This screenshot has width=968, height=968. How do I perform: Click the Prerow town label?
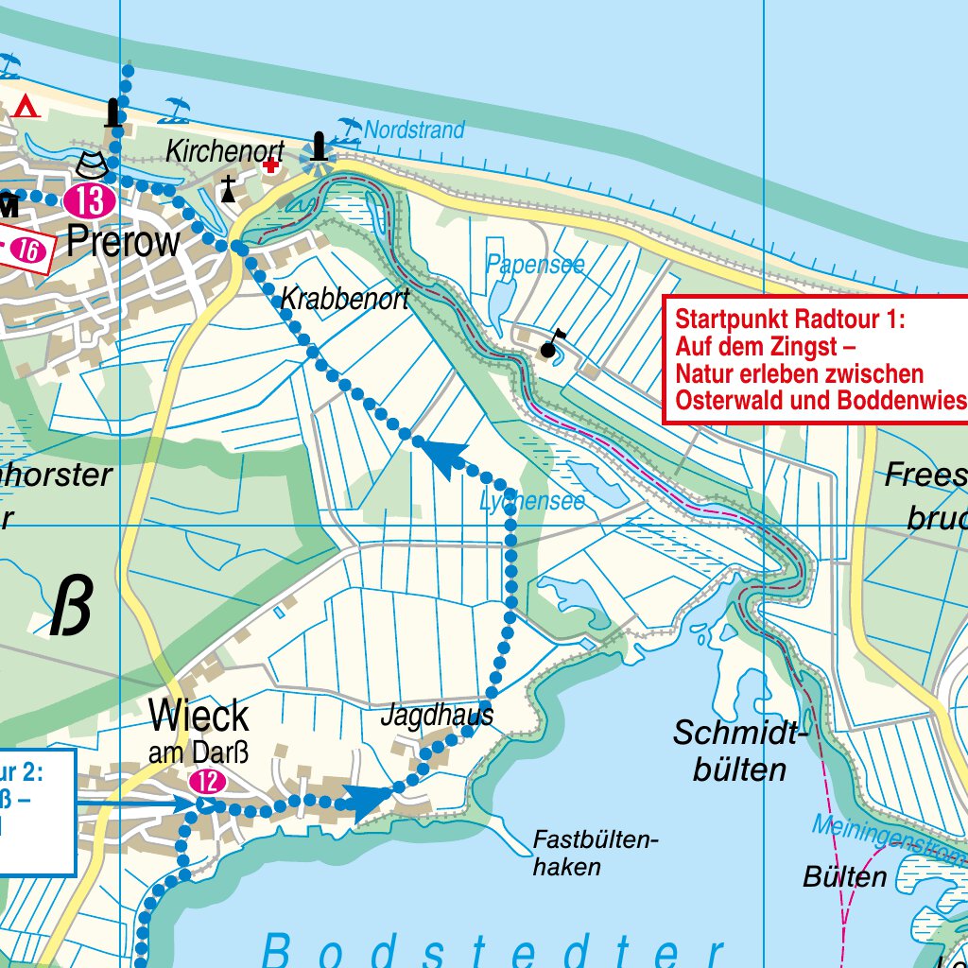[123, 242]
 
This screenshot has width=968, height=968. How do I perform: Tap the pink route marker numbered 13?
[90, 200]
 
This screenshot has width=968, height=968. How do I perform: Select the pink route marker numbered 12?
[208, 781]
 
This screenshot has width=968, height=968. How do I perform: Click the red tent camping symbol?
[26, 106]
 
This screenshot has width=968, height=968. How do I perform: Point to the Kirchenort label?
[224, 151]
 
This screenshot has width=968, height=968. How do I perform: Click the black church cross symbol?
[228, 188]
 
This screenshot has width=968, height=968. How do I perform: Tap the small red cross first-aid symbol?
[272, 165]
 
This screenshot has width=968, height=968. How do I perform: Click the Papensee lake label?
[535, 265]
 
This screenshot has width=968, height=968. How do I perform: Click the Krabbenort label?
[345, 300]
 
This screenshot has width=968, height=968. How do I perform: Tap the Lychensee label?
[531, 501]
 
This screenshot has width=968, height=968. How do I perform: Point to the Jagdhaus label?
[437, 716]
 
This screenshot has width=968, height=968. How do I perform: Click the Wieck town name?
[199, 717]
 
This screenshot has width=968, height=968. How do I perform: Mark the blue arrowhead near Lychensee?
[445, 458]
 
